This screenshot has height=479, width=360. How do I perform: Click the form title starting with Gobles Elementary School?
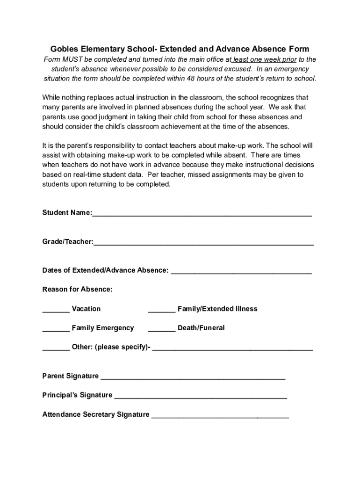click(180, 49)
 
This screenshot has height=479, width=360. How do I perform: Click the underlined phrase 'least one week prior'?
click(265, 59)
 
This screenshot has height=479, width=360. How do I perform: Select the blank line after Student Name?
click(202, 214)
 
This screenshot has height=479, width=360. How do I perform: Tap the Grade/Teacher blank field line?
click(203, 243)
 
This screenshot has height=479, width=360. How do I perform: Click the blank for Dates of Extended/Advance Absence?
click(241, 271)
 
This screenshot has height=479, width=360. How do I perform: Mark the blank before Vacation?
click(56, 310)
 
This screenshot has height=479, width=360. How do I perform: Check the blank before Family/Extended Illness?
click(162, 310)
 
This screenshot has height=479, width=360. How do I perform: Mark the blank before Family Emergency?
click(56, 329)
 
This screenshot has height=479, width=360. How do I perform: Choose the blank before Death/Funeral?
click(162, 329)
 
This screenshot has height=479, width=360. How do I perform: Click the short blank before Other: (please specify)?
click(56, 348)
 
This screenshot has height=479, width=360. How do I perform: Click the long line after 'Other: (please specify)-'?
click(232, 348)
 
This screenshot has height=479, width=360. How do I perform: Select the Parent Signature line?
click(193, 377)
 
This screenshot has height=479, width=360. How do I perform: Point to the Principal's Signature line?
click(201, 397)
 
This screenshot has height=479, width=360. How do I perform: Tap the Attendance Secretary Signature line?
click(220, 416)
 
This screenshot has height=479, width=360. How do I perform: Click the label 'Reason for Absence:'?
click(78, 290)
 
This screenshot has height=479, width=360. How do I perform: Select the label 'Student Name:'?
click(67, 213)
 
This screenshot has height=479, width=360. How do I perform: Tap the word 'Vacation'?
click(86, 309)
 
